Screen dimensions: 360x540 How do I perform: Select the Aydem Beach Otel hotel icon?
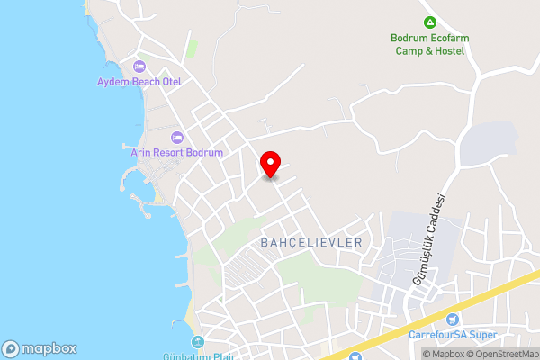pos(139,67)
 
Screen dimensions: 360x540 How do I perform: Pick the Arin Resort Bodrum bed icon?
pos(176,138)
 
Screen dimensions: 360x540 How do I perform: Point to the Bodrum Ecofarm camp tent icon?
pos(430,22)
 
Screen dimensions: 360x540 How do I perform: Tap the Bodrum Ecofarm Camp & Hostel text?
pos(430,45)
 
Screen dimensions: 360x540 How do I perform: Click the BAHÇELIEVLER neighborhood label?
pos(310,243)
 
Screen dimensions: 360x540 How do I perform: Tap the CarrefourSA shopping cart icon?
pos(453,319)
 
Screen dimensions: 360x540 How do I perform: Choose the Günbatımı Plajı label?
pos(199,356)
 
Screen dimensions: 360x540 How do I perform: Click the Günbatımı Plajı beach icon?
pos(197,341)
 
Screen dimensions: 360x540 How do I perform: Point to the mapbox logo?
pos(40,349)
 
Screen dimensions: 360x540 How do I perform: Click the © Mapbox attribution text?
pos(446,354)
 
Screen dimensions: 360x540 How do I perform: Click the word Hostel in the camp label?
pos(448,51)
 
